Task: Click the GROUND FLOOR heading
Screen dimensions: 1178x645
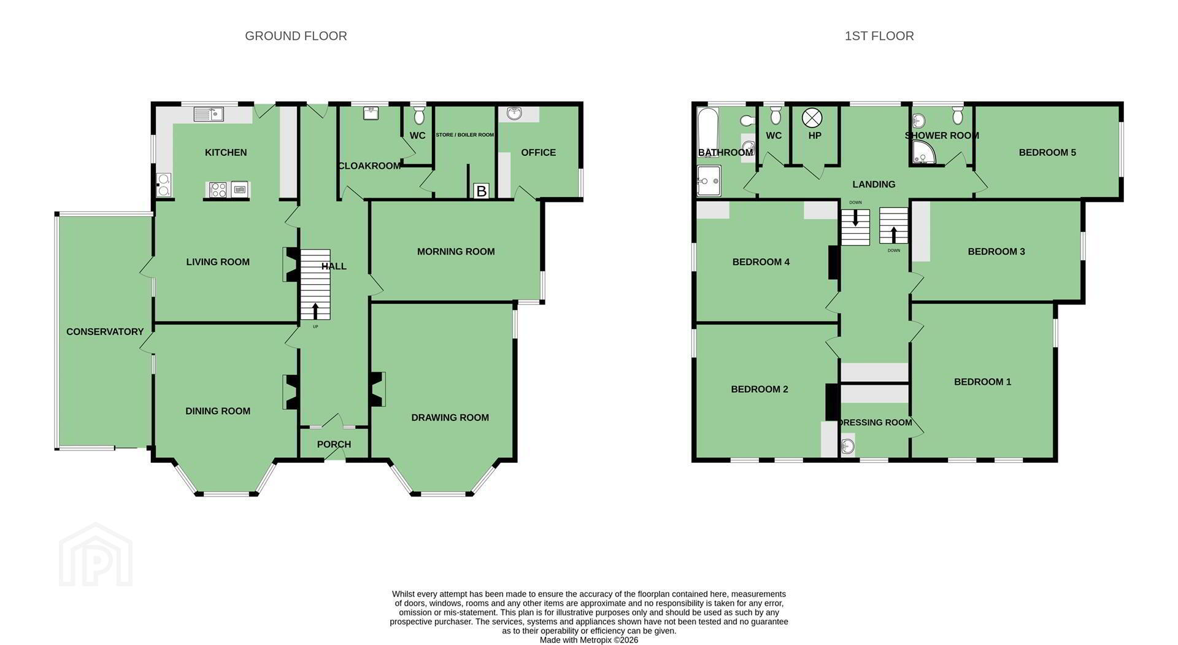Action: click(296, 36)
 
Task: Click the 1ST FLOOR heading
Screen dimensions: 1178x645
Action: click(879, 36)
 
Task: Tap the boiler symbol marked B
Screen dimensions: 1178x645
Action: click(481, 191)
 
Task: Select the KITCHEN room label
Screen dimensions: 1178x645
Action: click(226, 152)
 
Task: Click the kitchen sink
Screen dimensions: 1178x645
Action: click(209, 114)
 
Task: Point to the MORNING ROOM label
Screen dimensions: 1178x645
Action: click(456, 252)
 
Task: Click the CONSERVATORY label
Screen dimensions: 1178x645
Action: click(105, 332)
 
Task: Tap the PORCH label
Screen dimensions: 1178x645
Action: click(334, 444)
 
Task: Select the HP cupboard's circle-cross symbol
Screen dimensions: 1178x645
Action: click(812, 117)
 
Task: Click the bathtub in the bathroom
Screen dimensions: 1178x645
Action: click(707, 128)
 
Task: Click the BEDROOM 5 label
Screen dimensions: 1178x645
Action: click(1047, 153)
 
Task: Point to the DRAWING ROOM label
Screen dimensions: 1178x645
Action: click(450, 418)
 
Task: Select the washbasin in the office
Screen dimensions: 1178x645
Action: click(514, 113)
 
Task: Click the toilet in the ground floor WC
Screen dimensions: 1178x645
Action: click(419, 115)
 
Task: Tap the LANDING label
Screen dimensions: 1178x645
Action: click(874, 184)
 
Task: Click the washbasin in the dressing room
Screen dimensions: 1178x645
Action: click(847, 446)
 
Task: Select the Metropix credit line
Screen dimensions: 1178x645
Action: click(589, 640)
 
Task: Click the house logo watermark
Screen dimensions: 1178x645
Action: click(96, 555)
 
